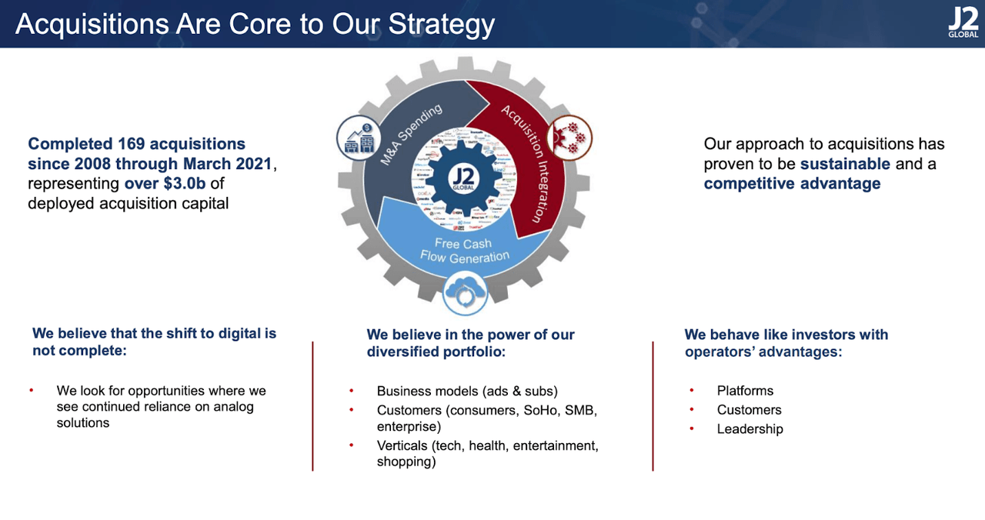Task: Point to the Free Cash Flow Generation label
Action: click(464, 251)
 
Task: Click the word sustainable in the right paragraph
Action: click(845, 164)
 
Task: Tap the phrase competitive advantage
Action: click(792, 184)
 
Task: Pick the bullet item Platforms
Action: click(745, 391)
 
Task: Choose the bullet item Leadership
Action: click(750, 429)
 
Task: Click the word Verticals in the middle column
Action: click(402, 446)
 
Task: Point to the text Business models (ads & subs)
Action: click(467, 391)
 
